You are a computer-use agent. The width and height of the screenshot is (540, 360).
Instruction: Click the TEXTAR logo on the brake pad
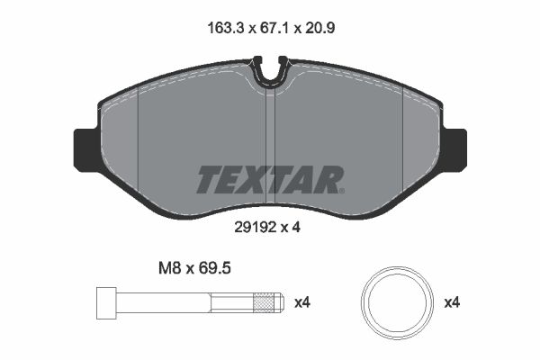[269, 180]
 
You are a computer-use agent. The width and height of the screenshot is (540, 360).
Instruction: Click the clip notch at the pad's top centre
[270, 72]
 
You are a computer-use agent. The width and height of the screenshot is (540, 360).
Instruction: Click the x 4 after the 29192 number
[290, 228]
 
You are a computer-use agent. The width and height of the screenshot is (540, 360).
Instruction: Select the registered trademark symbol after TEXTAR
[340, 190]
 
